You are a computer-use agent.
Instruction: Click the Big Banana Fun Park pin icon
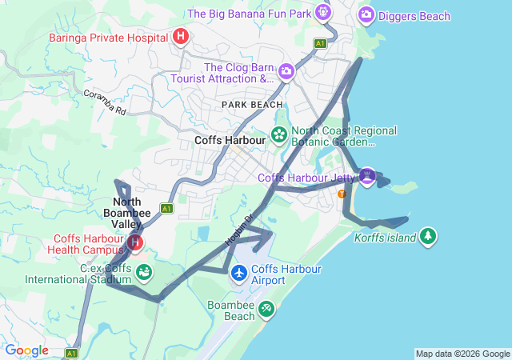coord(322,12)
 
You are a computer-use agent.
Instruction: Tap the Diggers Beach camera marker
coord(366,14)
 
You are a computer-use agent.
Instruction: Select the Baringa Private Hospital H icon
coord(182,36)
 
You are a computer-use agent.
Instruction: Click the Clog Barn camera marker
coord(286,73)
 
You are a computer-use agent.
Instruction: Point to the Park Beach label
coord(252,105)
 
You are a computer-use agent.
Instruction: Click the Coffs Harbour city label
coord(230,140)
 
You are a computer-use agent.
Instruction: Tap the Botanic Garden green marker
coord(279,134)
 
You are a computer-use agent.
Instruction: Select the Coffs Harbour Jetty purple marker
coord(367,175)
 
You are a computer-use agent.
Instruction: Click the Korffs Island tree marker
coord(430,236)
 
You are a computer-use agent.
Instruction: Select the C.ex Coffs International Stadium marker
coord(144,274)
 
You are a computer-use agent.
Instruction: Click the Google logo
coord(26,350)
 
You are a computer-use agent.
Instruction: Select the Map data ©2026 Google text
coord(462,354)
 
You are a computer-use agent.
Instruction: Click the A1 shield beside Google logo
coord(71,352)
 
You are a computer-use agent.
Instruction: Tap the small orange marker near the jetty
coord(342,194)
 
